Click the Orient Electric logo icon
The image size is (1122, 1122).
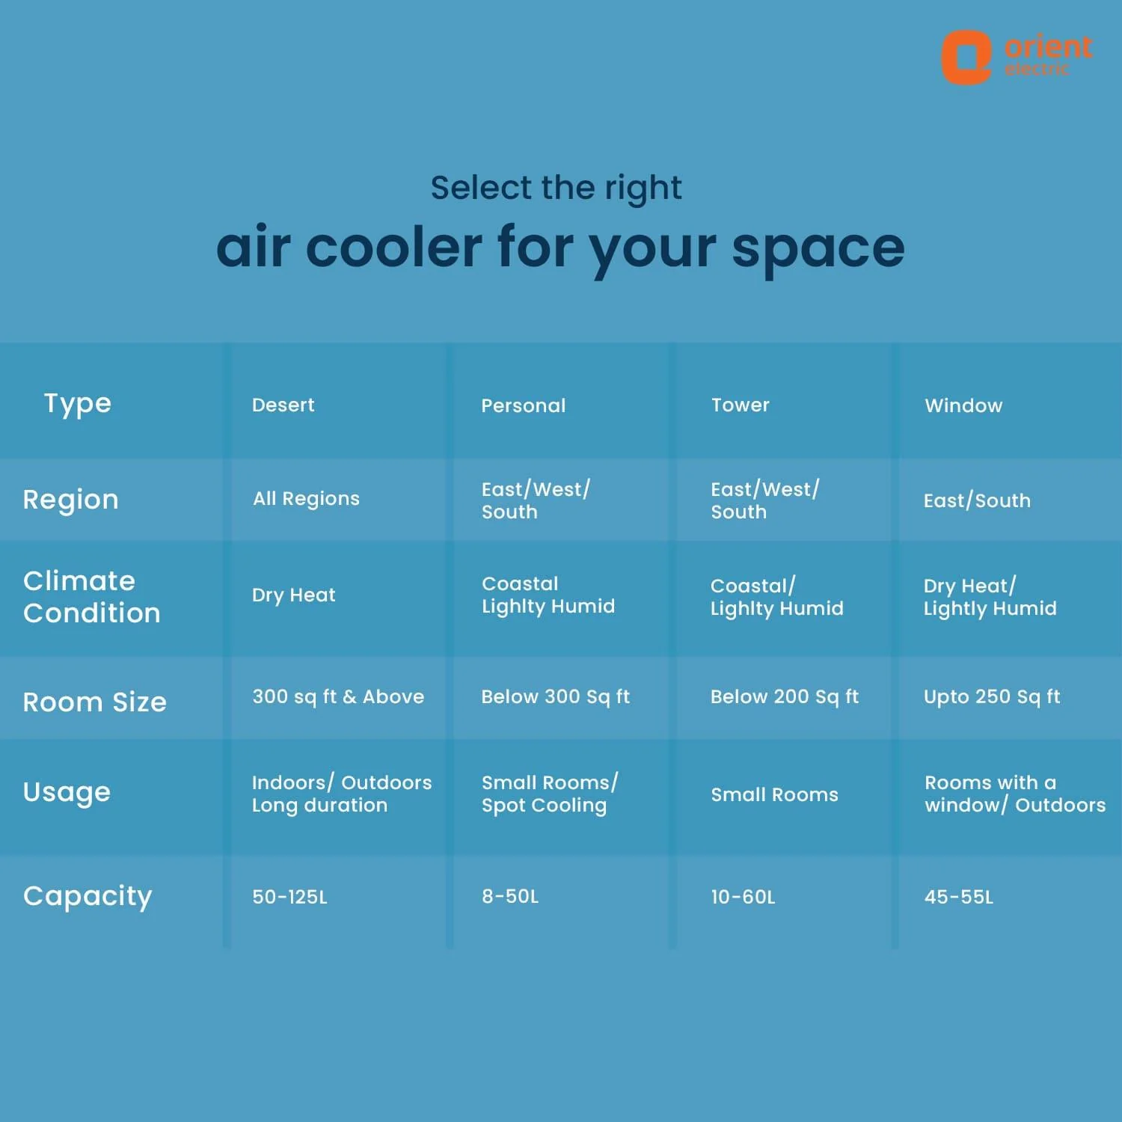pos(966,58)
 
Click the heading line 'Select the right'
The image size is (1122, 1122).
pos(556,188)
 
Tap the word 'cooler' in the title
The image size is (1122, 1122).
pos(393,247)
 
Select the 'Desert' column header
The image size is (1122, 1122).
pos(283,405)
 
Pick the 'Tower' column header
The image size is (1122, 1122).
pos(740,405)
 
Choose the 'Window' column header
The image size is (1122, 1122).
pos(963,405)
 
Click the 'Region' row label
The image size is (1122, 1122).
pos(70,500)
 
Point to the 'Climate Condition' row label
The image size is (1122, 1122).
pos(92,597)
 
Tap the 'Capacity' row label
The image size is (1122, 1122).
pos(88,896)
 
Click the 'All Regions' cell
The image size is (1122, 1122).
pos(306,499)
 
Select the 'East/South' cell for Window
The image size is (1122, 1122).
pos(977,500)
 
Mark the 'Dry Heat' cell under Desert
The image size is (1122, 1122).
pos(293,595)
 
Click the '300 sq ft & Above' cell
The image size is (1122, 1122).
pos(338,697)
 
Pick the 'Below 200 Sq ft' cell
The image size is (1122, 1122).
pos(785,697)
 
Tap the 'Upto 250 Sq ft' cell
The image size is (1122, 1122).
pos(992,697)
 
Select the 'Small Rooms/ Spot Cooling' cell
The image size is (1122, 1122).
pos(550,794)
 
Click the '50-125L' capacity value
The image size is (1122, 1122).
pos(289,897)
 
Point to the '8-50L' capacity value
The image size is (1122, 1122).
pos(510,896)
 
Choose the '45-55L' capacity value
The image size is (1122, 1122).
pos(959,897)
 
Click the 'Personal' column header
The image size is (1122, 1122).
pos(524,405)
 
